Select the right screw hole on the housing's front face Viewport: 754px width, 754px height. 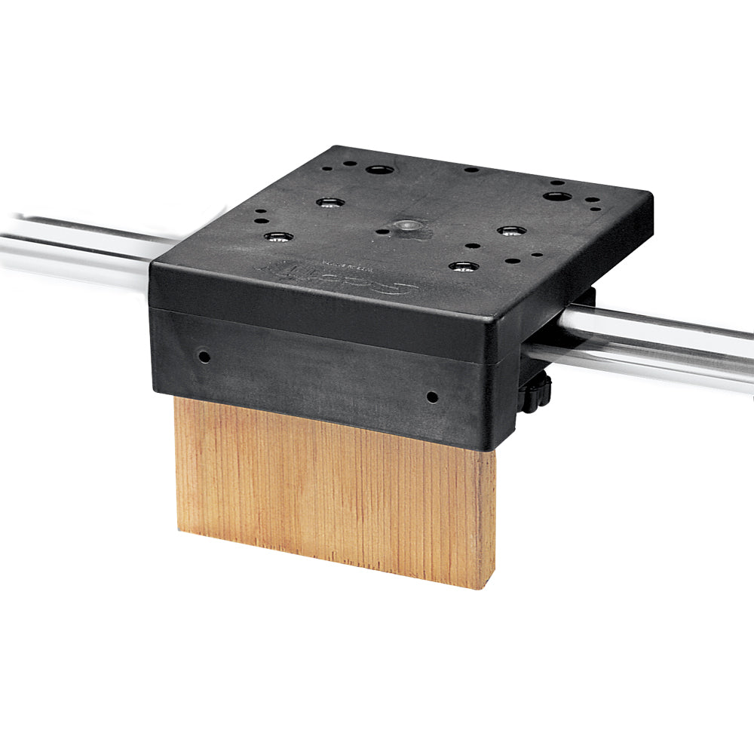pos(431,396)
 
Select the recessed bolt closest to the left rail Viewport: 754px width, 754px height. pos(279,238)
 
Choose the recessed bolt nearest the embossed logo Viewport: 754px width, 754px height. pos(462,266)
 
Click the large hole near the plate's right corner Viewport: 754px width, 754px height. pos(557,197)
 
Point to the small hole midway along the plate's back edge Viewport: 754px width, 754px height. pos(470,170)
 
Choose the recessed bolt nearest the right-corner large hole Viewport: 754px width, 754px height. pos(510,230)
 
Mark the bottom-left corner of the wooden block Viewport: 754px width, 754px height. pos(179,528)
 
